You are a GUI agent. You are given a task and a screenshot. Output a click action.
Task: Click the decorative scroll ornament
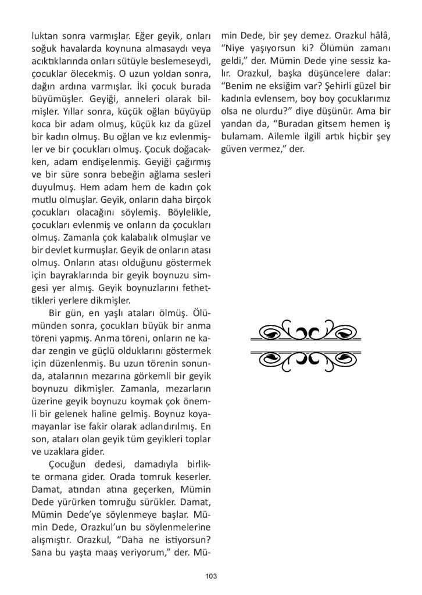(x=305, y=346)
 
